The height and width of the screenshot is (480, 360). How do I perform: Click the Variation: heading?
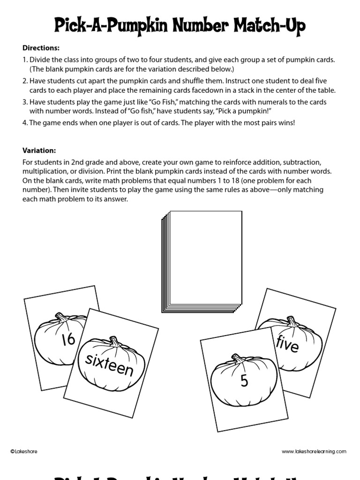point(39,150)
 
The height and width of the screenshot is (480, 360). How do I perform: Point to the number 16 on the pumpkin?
point(68,339)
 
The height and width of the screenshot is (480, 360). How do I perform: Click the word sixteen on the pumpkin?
point(109,365)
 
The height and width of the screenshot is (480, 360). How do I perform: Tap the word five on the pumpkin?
point(287,345)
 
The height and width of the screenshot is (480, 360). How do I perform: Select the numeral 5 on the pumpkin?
point(244,381)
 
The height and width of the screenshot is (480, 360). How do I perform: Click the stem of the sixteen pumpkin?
point(113,340)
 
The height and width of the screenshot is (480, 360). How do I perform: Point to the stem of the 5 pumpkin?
point(238,359)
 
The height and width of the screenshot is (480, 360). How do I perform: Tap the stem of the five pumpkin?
point(291,322)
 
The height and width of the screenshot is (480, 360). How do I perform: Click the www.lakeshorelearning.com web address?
point(314,451)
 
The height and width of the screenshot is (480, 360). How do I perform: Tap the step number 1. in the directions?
point(25,60)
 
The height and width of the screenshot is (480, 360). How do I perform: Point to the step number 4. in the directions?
point(25,123)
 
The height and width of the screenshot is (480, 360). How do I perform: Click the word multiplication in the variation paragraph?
point(44,172)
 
